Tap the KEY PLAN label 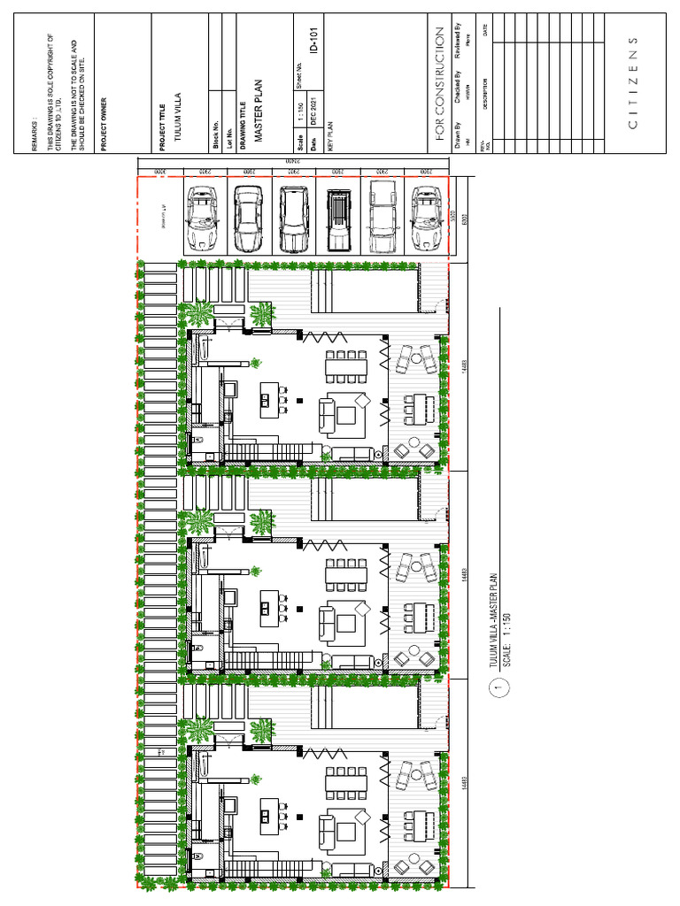329,137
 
